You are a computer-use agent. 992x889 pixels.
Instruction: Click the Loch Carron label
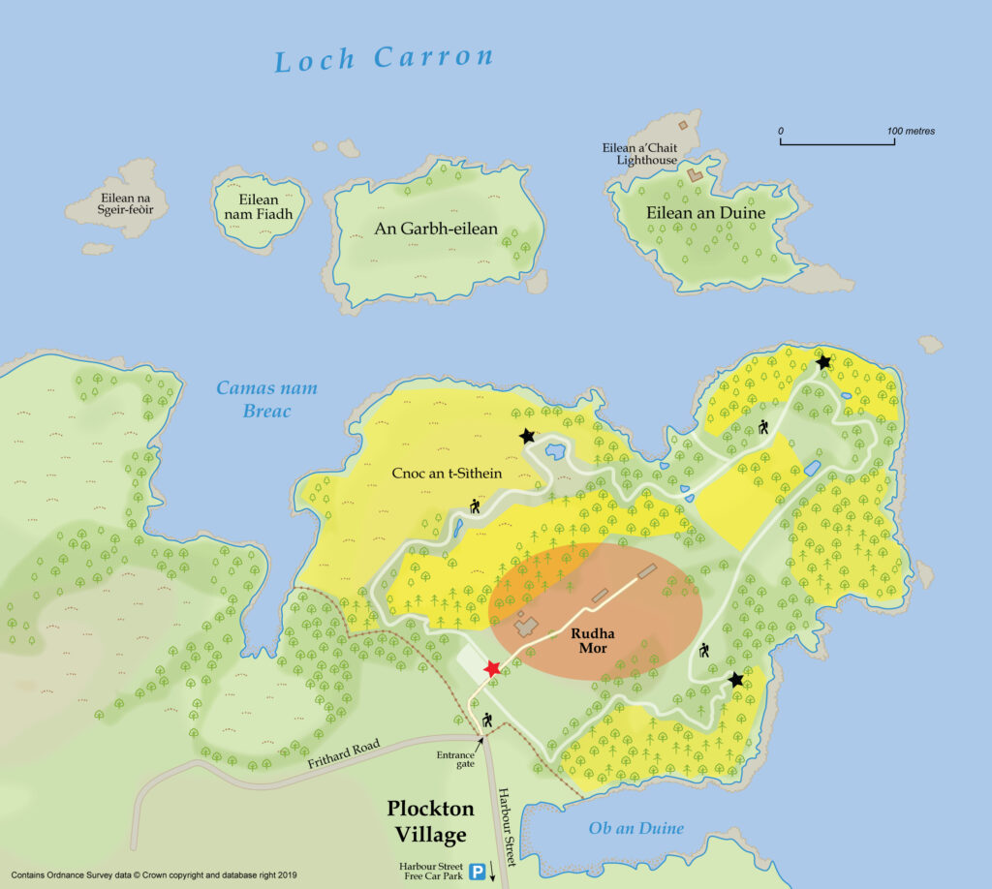[x=385, y=59]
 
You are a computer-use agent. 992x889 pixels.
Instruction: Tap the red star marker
[x=492, y=668]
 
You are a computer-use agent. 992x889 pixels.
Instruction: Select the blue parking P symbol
[x=478, y=873]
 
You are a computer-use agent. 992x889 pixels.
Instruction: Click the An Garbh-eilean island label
[x=436, y=229]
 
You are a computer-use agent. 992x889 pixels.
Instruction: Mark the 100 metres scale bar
[x=837, y=143]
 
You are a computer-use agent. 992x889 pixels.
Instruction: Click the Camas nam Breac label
[x=266, y=400]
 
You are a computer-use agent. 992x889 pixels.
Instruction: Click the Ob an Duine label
[x=636, y=828]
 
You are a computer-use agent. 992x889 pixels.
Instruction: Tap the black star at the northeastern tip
[x=823, y=362]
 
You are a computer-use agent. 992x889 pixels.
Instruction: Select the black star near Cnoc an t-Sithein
[x=527, y=437]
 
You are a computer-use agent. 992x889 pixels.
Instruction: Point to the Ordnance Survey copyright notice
[x=154, y=874]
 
